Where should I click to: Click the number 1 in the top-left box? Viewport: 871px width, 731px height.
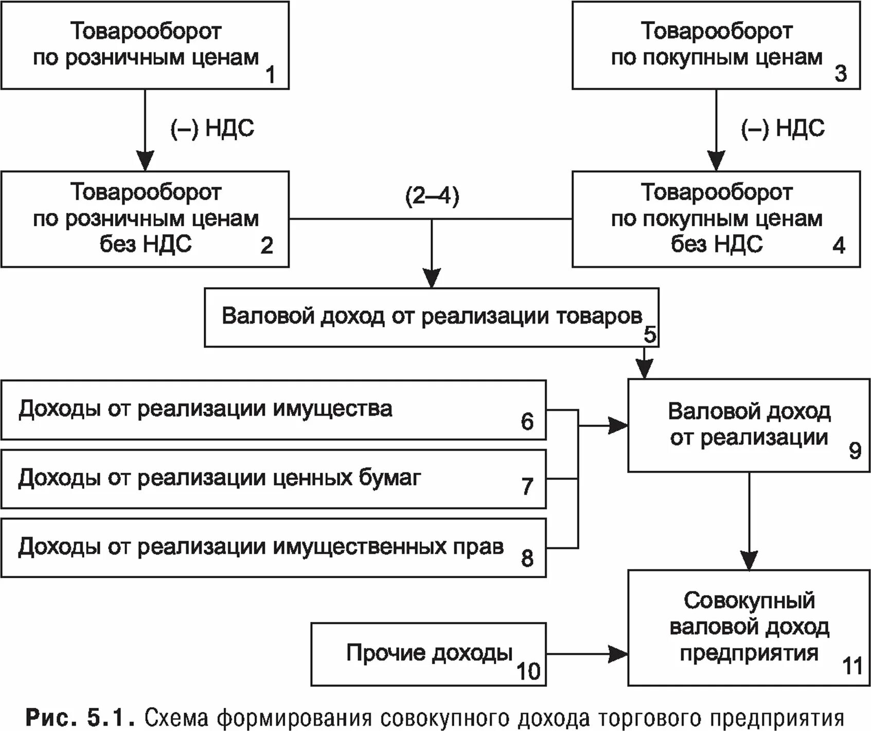270,75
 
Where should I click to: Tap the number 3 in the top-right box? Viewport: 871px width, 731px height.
840,73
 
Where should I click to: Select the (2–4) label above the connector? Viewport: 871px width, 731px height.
432,197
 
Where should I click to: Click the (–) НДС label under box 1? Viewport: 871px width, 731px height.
212,128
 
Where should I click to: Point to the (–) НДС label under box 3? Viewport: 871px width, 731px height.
783,128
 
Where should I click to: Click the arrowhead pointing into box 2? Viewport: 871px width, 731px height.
145,162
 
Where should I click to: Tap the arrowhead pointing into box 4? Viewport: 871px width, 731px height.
716,162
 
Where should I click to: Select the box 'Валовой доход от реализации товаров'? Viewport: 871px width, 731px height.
431,317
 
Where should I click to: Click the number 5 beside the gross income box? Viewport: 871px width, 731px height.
650,335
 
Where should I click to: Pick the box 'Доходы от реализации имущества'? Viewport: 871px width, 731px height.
273,409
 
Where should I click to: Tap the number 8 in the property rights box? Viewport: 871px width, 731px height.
527,558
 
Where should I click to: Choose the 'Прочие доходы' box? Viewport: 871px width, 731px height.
428,654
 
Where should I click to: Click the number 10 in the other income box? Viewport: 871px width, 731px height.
528,671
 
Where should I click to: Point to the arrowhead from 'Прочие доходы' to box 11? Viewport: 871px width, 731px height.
618,654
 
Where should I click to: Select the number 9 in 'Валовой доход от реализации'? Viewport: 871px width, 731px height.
855,451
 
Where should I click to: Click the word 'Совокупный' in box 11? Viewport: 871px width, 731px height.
749,600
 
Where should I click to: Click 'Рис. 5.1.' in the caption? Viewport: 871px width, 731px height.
80,717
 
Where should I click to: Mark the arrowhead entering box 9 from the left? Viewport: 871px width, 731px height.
618,425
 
